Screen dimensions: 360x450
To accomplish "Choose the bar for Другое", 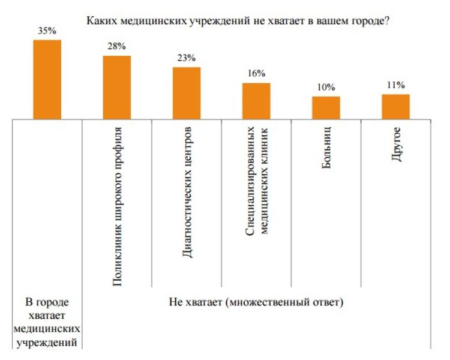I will click(x=395, y=107).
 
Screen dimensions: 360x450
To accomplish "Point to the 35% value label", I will click(x=47, y=31).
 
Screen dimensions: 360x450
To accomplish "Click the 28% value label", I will click(x=116, y=47).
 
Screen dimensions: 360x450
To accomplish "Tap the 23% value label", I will click(x=186, y=58).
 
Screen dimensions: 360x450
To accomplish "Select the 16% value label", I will click(x=256, y=74).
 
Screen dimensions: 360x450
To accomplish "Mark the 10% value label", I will click(x=326, y=88).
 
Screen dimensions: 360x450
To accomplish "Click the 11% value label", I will click(x=395, y=85).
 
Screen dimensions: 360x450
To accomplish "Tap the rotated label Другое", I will click(x=395, y=144).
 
